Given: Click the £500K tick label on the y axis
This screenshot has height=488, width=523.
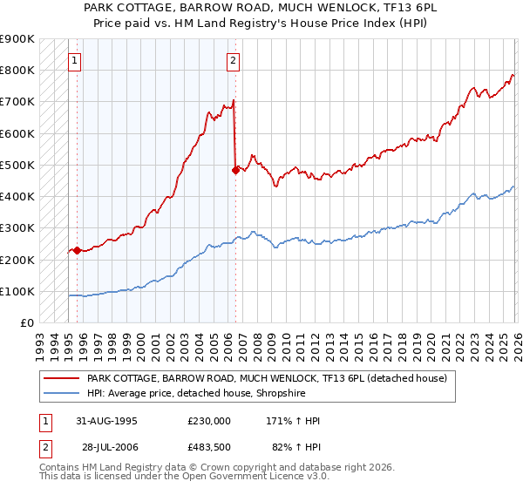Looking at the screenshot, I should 18,165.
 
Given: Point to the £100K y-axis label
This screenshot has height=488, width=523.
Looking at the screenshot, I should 18,291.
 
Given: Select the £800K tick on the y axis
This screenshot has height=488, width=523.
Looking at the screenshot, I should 18,70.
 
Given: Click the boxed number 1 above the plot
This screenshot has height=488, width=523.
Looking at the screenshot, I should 75,60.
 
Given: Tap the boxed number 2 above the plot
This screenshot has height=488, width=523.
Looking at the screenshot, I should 234,60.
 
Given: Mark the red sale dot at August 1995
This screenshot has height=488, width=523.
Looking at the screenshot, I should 78,250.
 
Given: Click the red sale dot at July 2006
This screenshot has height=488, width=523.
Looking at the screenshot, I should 235,170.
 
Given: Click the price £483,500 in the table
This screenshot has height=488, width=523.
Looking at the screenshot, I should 209,447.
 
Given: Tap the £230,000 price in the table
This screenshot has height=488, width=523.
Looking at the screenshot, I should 209,421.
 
